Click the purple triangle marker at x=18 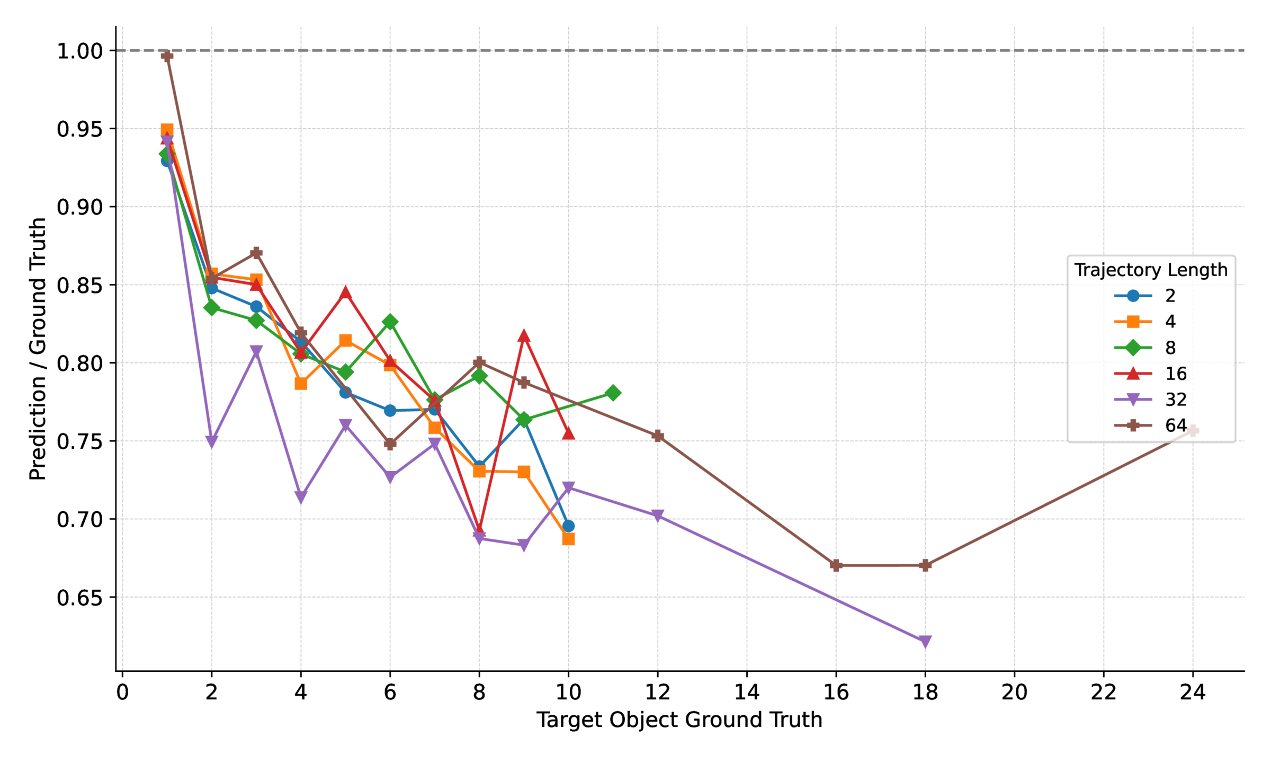(x=925, y=642)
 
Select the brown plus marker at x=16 (x=836, y=565)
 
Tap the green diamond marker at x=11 (x=613, y=393)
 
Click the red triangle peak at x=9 (x=524, y=336)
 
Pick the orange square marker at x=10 (x=568, y=539)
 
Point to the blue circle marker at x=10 (x=568, y=526)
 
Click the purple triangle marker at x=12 (x=658, y=516)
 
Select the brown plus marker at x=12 (x=658, y=436)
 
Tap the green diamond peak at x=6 (x=390, y=322)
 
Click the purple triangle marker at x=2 (x=211, y=442)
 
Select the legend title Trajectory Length (x=1150, y=270)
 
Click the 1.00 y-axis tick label (x=79, y=51)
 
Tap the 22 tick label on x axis (x=1103, y=692)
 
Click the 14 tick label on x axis (x=747, y=692)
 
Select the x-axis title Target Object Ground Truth (x=679, y=720)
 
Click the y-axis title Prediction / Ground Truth (x=38, y=348)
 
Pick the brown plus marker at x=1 (x=167, y=56)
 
